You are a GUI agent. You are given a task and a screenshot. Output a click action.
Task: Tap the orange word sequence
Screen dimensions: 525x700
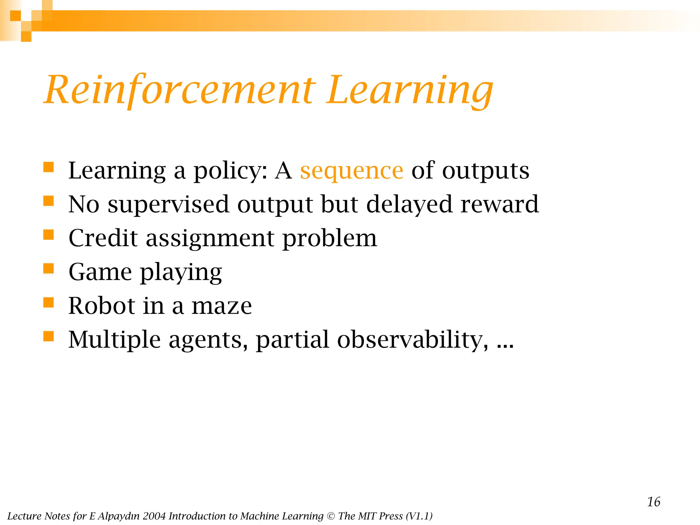coord(351,171)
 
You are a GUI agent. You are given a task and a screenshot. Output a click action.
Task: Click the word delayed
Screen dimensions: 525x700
coord(409,204)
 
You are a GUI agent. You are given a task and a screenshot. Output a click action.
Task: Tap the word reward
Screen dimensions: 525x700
coord(499,204)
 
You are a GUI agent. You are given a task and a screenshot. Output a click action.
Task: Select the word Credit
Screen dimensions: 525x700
coord(103,238)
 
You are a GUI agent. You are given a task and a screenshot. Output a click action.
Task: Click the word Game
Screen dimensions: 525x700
coord(100,272)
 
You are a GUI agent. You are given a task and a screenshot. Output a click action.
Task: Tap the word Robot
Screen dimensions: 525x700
coord(102,306)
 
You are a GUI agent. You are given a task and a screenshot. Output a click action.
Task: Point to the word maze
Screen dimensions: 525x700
coord(221,306)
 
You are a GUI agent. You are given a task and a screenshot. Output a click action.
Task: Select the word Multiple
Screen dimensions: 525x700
coord(114,340)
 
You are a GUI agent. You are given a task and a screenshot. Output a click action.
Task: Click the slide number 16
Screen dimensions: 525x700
coord(653,502)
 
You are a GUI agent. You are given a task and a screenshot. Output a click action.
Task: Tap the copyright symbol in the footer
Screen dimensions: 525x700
coord(331,516)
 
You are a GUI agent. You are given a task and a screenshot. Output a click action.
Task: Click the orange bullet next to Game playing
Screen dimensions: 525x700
coord(49,269)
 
